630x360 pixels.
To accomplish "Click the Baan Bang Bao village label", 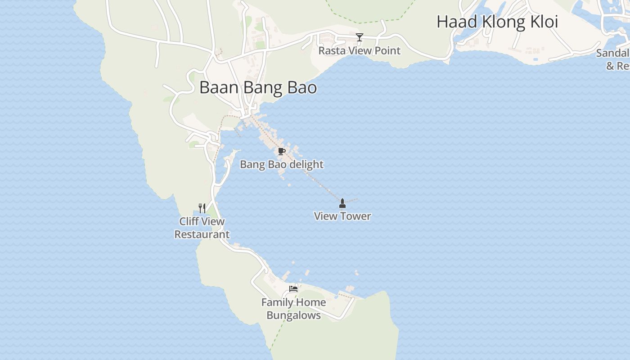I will pos(258,87).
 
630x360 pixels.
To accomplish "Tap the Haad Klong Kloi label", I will pos(497,22).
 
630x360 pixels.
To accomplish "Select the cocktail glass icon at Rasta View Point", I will pos(359,37).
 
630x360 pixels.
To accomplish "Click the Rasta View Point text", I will pos(359,50).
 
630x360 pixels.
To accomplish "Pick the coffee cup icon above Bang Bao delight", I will pos(282,151).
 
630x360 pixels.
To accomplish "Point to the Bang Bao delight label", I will pos(282,164).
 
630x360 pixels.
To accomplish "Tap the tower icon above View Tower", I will pos(342,203).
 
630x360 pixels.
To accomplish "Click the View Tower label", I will pos(342,216).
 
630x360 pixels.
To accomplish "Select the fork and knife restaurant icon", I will pos(202,208).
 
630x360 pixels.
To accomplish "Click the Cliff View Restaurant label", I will pos(202,228).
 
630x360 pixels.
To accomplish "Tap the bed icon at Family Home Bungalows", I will pos(293,289).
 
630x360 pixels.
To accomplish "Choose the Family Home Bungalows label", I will pos(293,309).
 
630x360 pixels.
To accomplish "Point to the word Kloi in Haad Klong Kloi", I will pos(542,22).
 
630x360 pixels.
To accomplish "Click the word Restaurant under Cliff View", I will pos(202,234).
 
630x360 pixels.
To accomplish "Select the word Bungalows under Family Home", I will pos(293,315).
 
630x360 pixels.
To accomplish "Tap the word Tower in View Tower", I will pos(356,216).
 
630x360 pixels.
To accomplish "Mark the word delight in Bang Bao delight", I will pos(306,164).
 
